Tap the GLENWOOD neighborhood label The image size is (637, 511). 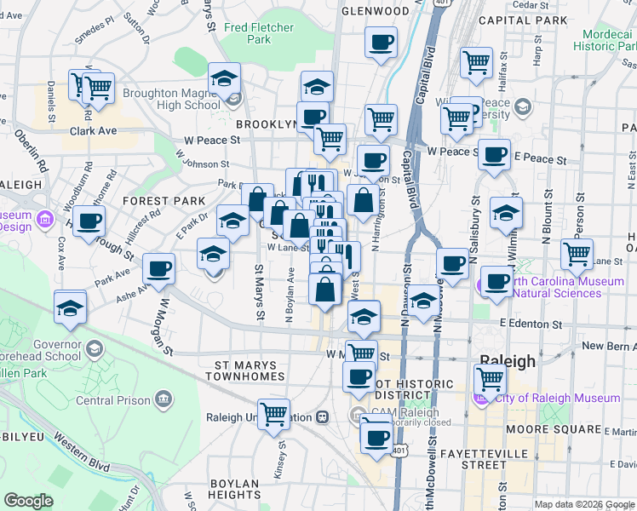375,11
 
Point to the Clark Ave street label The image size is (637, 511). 93,132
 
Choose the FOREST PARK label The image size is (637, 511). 164,201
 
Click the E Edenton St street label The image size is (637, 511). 531,324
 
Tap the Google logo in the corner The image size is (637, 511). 28,501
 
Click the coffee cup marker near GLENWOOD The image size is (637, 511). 381,42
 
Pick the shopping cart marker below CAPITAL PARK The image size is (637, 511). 476,61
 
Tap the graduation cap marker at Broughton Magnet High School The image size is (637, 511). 224,79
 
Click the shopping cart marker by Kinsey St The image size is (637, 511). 274,414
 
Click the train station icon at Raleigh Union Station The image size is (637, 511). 322,417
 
